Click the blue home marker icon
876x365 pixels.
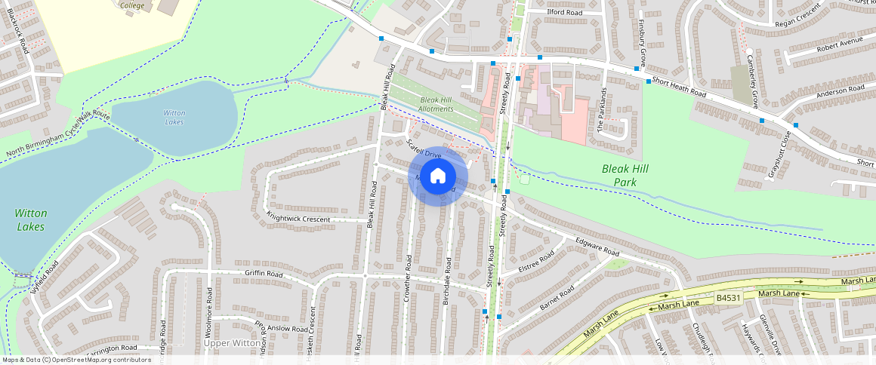tap(438, 176)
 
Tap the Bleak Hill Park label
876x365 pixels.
tap(625, 176)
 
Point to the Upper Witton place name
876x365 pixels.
tap(232, 342)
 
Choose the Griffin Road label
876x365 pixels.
tap(264, 274)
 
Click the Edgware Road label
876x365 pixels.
tap(597, 247)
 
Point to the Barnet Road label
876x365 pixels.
tap(557, 298)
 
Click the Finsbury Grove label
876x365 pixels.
tap(643, 41)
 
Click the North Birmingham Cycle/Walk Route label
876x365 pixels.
tap(58, 137)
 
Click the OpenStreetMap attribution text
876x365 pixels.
tap(76, 360)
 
